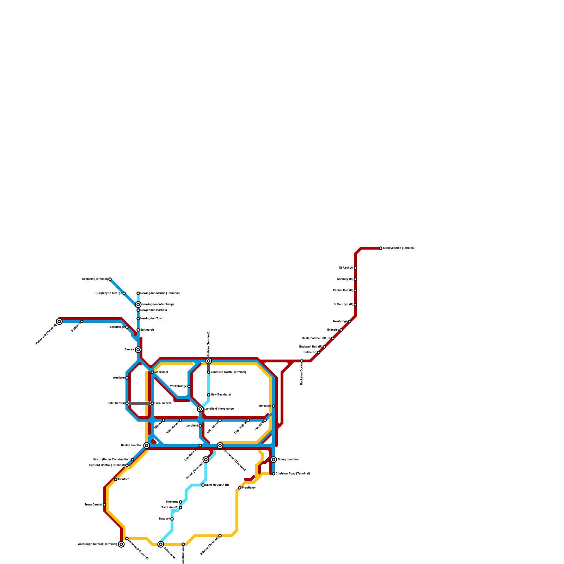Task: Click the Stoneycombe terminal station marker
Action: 381,248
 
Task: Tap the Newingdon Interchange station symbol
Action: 138,305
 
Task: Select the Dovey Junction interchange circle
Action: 274,460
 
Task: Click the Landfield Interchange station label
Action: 219,409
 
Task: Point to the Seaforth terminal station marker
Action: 110,279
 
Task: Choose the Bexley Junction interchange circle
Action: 147,446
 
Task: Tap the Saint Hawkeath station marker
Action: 203,485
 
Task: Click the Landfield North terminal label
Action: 228,372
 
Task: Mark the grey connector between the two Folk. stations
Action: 140,403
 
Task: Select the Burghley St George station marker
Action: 124,293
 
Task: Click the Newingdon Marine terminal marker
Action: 138,293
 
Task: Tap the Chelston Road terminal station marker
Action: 274,474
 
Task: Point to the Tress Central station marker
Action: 104,505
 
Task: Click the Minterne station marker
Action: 180,502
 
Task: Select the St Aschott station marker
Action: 355,268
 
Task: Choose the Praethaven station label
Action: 249,488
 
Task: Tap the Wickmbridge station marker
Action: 189,386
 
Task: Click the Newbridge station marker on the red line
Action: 350,321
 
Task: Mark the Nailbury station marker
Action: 172,519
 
